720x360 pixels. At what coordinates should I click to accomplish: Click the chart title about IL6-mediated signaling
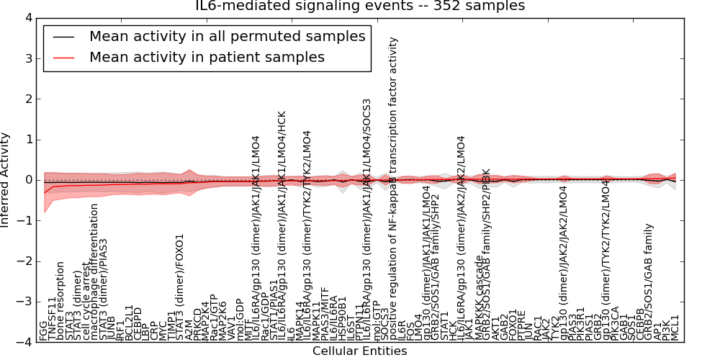(x=360, y=6)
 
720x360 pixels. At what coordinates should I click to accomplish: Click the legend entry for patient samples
(x=207, y=58)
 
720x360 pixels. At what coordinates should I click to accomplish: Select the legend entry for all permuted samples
(x=227, y=36)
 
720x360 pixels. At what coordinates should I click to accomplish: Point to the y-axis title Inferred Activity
(x=6, y=180)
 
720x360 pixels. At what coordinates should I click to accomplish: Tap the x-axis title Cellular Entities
(x=359, y=351)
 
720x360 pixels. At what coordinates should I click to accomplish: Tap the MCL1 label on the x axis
(x=675, y=328)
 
